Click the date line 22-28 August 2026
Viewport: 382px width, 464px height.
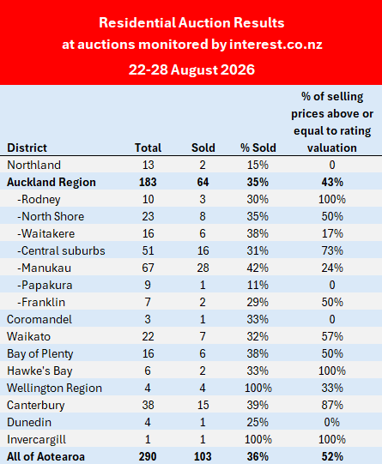pyautogui.click(x=191, y=69)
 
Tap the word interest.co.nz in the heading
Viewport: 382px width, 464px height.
pyautogui.click(x=276, y=45)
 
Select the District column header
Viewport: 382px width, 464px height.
pyautogui.click(x=27, y=148)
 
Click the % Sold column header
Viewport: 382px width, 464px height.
pyautogui.click(x=258, y=148)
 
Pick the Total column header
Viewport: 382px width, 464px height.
pyautogui.click(x=148, y=148)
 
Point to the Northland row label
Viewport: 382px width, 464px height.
pyautogui.click(x=33, y=165)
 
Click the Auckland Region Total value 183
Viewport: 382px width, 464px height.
pyautogui.click(x=148, y=182)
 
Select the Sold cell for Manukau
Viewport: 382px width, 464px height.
pyautogui.click(x=203, y=268)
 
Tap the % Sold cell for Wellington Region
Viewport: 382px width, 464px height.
pyautogui.click(x=258, y=388)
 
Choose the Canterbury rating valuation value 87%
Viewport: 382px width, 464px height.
pyautogui.click(x=332, y=405)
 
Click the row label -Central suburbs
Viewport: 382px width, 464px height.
pyautogui.click(x=61, y=250)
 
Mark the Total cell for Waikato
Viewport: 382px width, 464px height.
pyautogui.click(x=148, y=336)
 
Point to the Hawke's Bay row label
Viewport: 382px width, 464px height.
pyautogui.click(x=39, y=371)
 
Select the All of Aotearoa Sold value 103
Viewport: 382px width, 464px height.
pyautogui.click(x=203, y=456)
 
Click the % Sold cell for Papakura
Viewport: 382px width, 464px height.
pyautogui.click(x=258, y=285)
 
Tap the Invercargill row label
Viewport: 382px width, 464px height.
pyautogui.click(x=36, y=439)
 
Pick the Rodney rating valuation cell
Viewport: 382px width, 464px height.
pyautogui.click(x=332, y=199)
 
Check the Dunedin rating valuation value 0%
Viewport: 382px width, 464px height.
pyautogui.click(x=332, y=422)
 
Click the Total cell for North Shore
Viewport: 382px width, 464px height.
pyautogui.click(x=148, y=216)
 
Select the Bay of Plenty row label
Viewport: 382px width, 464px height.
pyautogui.click(x=40, y=353)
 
